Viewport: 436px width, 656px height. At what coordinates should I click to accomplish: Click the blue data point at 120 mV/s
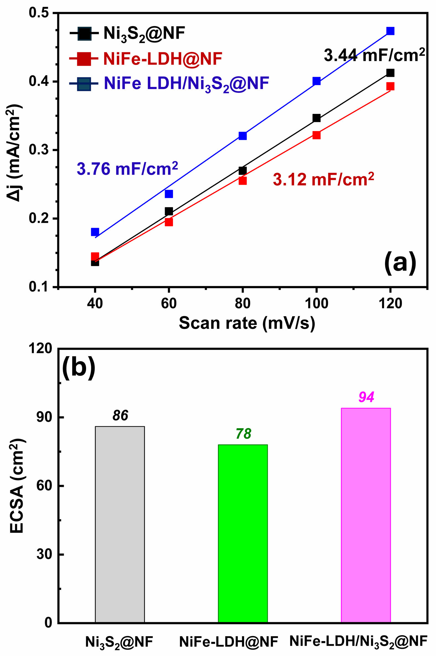[390, 31]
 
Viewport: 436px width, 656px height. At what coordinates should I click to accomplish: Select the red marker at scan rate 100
[316, 135]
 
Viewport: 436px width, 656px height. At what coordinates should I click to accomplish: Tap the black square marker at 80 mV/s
[242, 170]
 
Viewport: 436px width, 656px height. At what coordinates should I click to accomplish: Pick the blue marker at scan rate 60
[169, 194]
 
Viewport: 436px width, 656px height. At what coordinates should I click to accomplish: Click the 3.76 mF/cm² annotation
[127, 169]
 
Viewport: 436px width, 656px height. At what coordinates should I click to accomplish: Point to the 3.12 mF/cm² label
[323, 179]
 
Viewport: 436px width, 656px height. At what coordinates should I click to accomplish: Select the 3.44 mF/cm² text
[374, 55]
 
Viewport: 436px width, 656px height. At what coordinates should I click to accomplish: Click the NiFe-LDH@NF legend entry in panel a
[162, 59]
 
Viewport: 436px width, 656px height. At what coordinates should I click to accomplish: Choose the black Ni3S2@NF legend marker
[84, 34]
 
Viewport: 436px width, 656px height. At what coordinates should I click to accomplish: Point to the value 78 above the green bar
[243, 434]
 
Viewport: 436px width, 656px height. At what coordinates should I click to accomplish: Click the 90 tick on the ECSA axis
[44, 417]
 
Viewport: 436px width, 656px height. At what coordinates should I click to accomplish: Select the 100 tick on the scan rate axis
[316, 303]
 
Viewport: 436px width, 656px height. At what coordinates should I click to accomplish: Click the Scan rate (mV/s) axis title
[247, 323]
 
